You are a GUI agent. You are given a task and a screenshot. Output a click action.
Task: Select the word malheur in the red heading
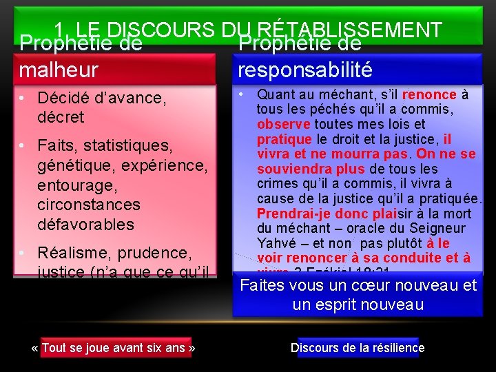(59, 70)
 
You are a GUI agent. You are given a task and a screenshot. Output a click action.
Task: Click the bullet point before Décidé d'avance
(23, 98)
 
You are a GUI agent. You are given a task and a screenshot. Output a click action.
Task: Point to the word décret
(61, 117)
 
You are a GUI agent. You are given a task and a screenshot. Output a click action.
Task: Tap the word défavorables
(86, 225)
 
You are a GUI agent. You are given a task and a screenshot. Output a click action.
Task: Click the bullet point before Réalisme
(23, 252)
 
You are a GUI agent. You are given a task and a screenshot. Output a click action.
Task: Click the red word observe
(284, 125)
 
